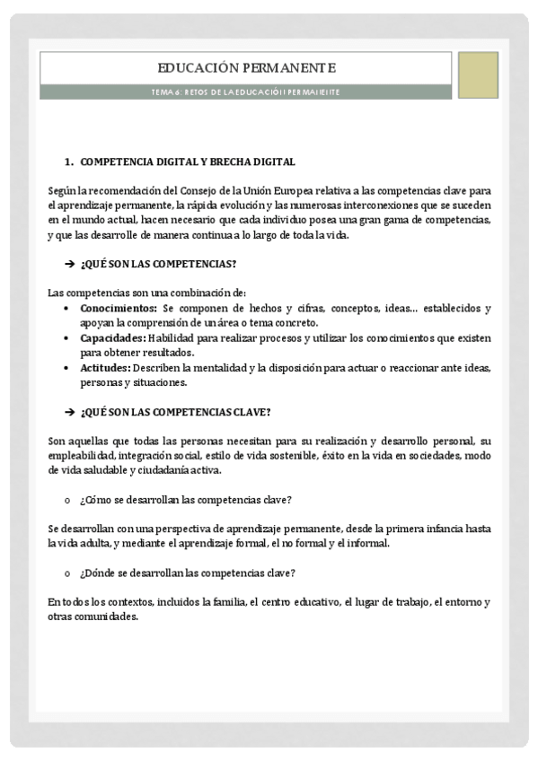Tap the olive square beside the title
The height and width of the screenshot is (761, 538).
click(x=478, y=74)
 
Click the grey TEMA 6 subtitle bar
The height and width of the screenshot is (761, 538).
click(x=246, y=92)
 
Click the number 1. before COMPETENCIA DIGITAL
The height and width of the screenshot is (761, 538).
click(x=68, y=162)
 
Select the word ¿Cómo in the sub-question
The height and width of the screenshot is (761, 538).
click(x=95, y=500)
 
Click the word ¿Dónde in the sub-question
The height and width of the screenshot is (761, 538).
click(x=97, y=573)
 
